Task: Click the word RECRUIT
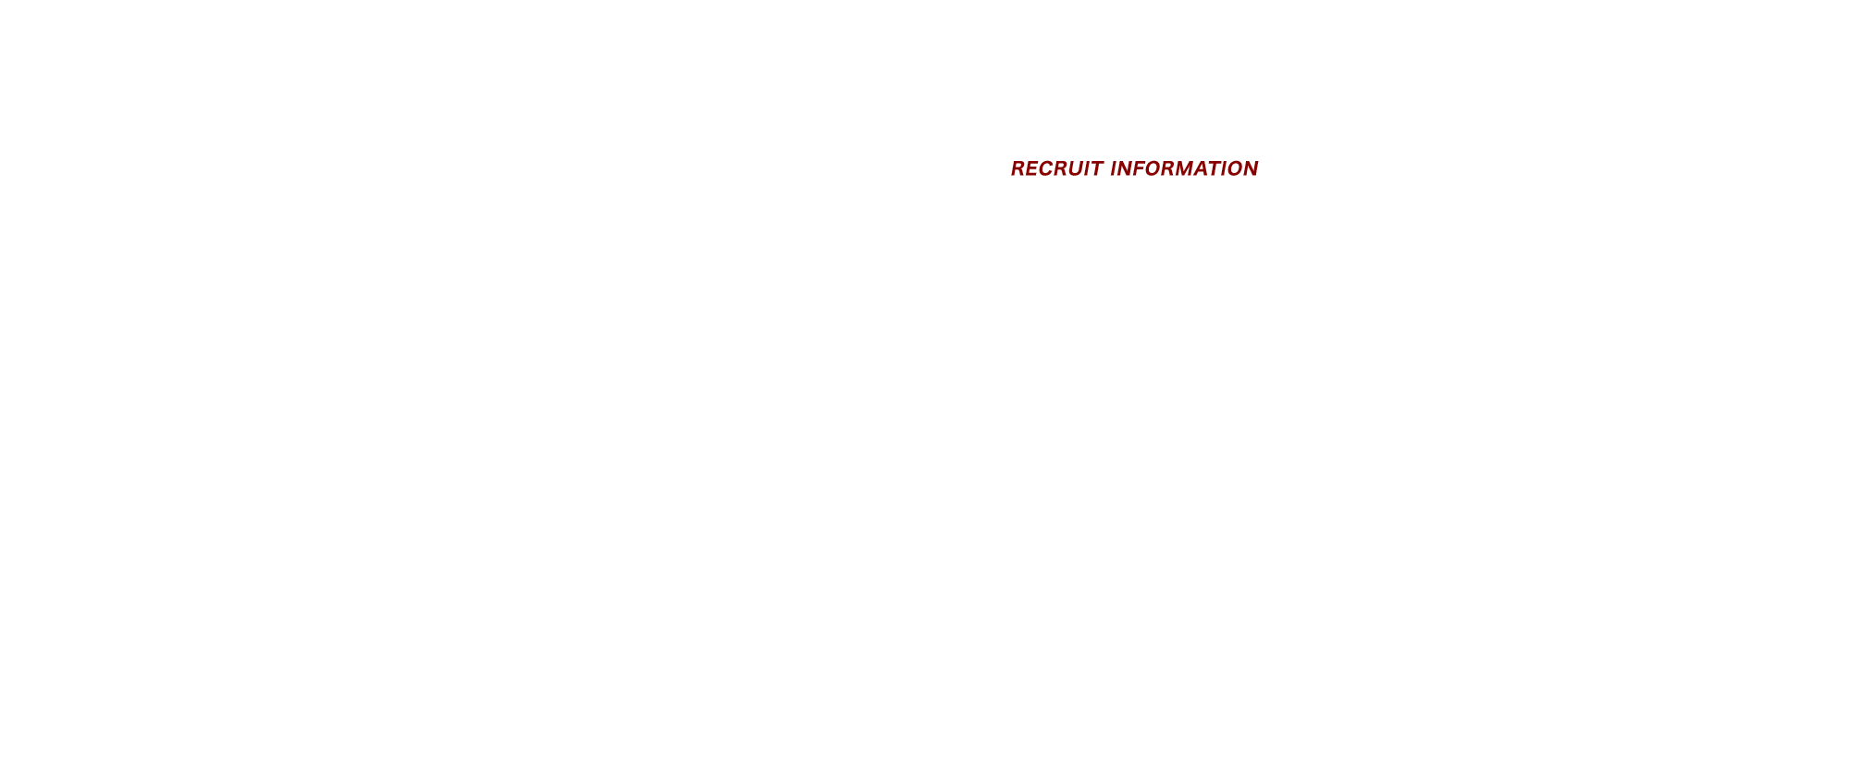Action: pyautogui.click(x=1055, y=168)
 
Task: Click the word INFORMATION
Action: pyautogui.click(x=1184, y=168)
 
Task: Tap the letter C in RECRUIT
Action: pyautogui.click(x=1047, y=168)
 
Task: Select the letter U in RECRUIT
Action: pyautogui.click(x=1076, y=168)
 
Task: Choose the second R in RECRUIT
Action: pyautogui.click(x=1062, y=168)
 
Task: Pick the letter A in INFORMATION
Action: pyautogui.click(x=1203, y=168)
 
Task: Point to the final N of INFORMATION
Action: pyautogui.click(x=1251, y=168)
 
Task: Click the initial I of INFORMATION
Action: pyautogui.click(x=1115, y=168)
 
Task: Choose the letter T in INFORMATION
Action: pyautogui.click(x=1216, y=168)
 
